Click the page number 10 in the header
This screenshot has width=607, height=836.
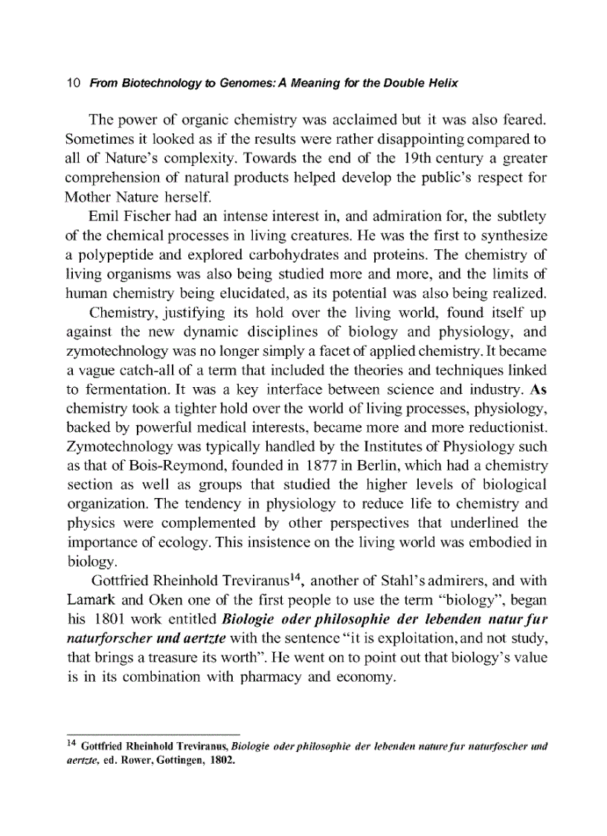coord(72,83)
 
